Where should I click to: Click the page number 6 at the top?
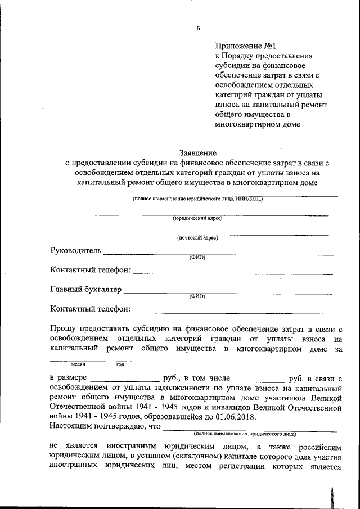point(197,28)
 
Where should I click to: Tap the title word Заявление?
point(197,152)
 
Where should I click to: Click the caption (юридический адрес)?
point(197,218)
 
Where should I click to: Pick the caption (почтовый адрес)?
point(197,238)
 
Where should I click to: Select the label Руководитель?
point(76,250)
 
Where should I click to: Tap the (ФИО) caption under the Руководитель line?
point(197,258)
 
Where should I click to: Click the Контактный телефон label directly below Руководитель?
point(90,271)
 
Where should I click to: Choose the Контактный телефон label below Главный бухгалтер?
point(90,309)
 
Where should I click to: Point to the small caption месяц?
point(78,364)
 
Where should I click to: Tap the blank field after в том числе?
point(259,379)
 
